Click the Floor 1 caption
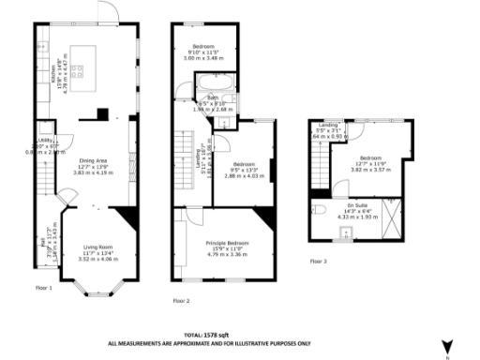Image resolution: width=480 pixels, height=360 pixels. pos(44,287)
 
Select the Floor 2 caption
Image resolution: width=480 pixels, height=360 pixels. pos(182,300)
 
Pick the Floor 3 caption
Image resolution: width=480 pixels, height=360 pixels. pos(319,261)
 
